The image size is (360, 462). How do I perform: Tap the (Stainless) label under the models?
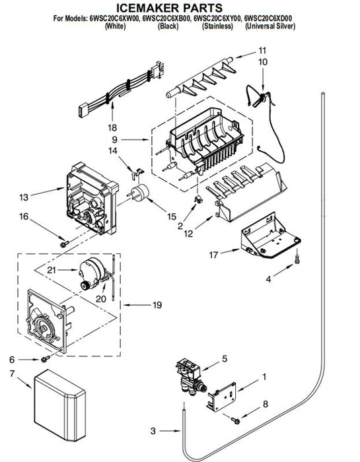pyautogui.click(x=217, y=26)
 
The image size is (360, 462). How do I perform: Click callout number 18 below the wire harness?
pyautogui.click(x=112, y=127)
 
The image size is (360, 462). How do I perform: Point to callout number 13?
pyautogui.click(x=24, y=197)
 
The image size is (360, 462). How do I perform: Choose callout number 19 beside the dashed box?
pyautogui.click(x=157, y=305)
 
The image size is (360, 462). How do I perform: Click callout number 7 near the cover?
pyautogui.click(x=12, y=374)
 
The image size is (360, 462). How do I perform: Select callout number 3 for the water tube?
pyautogui.click(x=153, y=431)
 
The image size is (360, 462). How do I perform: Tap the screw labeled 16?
pyautogui.click(x=64, y=244)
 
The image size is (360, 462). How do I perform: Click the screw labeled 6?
pyautogui.click(x=46, y=359)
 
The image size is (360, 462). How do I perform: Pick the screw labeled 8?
pyautogui.click(x=236, y=420)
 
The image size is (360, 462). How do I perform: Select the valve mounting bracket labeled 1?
pyautogui.click(x=222, y=397)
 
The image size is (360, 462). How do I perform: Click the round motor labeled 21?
pyautogui.click(x=92, y=273)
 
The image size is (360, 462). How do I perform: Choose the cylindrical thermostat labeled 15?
pyautogui.click(x=139, y=193)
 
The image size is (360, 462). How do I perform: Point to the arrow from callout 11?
pyautogui.click(x=246, y=55)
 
